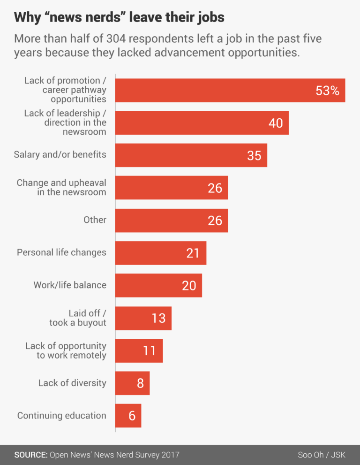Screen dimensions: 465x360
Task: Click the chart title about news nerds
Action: [119, 18]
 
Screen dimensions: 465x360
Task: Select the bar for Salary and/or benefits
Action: [191, 155]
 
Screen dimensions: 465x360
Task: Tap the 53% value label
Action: [327, 91]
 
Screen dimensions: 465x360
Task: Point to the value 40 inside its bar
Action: [276, 123]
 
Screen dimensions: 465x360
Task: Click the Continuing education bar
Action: [128, 416]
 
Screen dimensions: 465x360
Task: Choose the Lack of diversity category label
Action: [72, 383]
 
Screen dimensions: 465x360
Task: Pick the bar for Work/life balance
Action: [158, 285]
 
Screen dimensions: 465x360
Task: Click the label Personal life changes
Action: [61, 252]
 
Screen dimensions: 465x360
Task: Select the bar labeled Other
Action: [171, 221]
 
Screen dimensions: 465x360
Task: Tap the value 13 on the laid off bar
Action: [158, 318]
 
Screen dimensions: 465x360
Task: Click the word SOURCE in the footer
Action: [30, 455]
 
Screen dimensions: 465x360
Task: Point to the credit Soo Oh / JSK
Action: [322, 455]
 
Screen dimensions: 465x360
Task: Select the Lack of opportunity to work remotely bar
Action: [139, 351]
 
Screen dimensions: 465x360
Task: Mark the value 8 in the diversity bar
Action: [140, 383]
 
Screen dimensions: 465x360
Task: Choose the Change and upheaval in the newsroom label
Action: [61, 187]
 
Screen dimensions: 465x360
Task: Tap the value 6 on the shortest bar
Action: [132, 416]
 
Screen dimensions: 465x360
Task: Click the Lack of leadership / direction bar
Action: [202, 123]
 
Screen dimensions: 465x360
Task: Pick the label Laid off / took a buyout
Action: [77, 318]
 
